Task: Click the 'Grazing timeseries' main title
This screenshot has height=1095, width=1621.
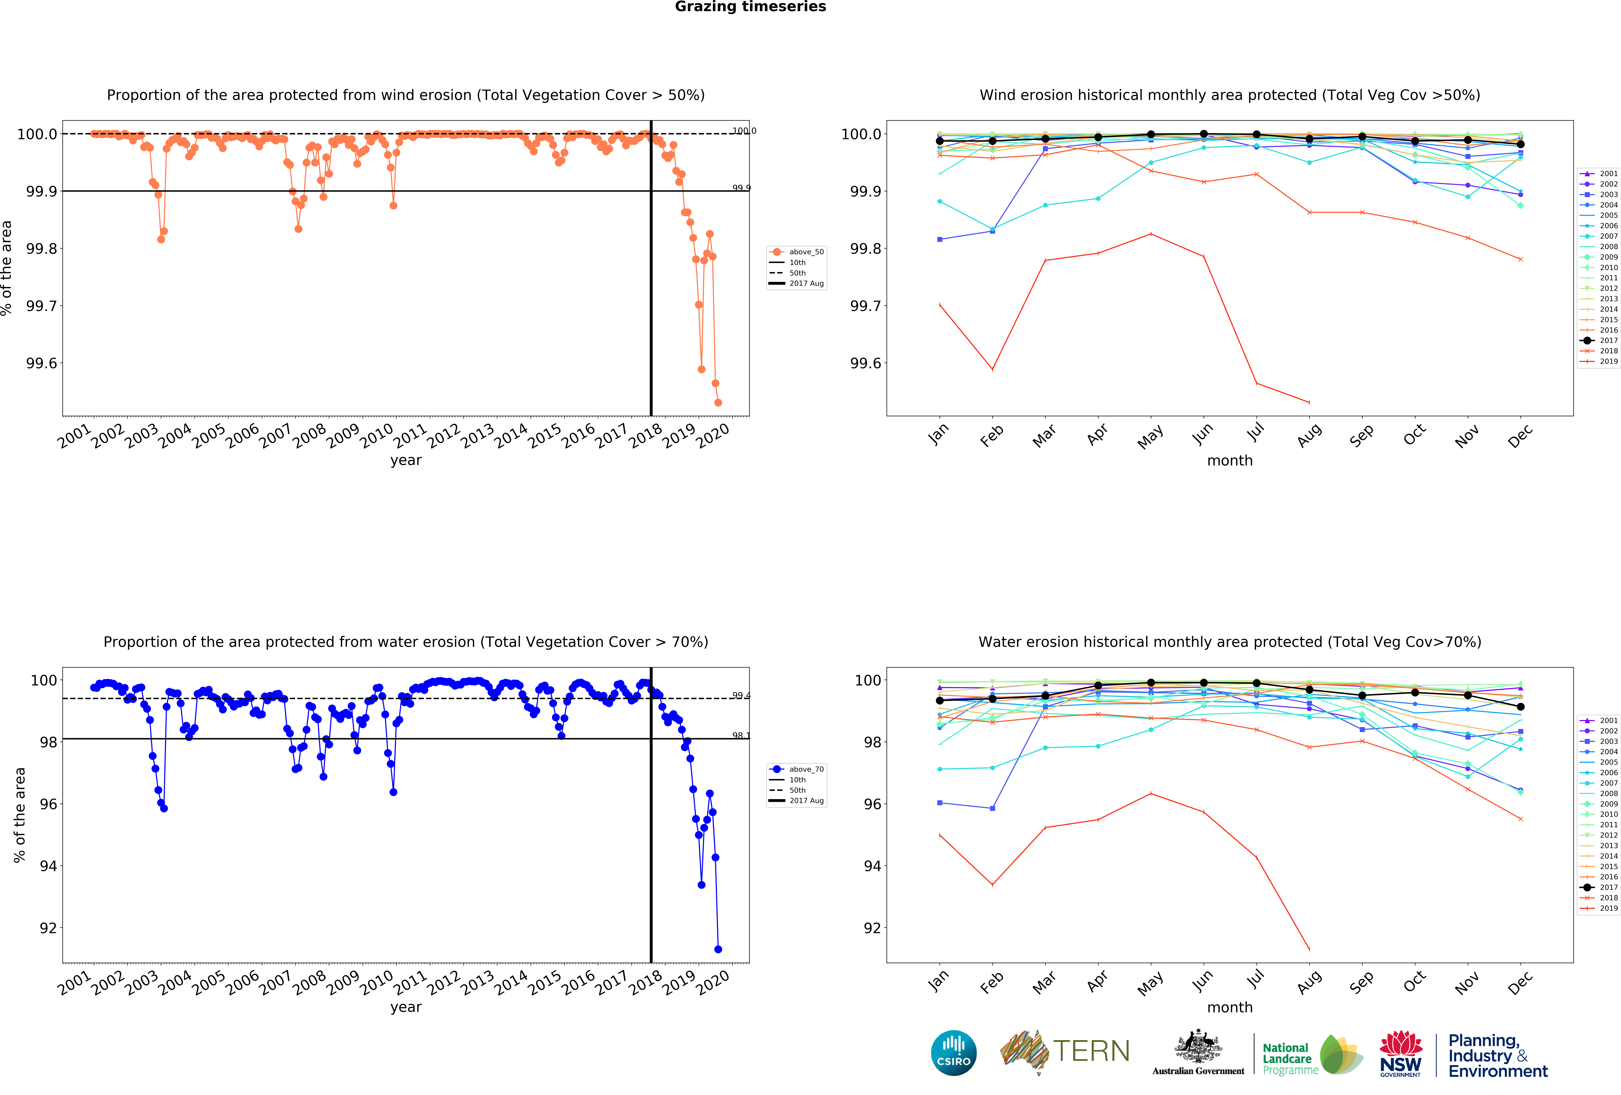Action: tap(750, 7)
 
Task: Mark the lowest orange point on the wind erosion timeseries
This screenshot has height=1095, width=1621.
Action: tap(718, 402)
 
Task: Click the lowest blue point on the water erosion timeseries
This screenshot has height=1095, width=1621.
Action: tap(718, 949)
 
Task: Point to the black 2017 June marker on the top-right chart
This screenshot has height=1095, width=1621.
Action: tap(1203, 134)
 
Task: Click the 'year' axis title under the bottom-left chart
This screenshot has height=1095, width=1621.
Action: tap(405, 1007)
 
